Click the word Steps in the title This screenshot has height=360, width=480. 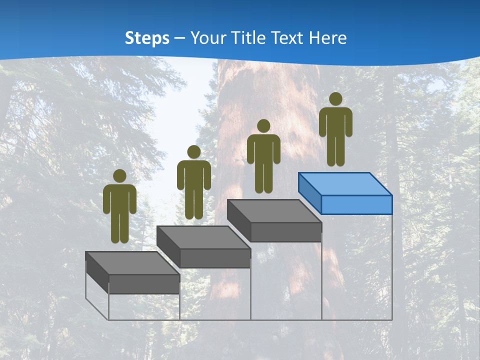point(147,38)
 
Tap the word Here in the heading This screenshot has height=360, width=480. point(328,38)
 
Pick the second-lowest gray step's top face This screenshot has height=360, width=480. point(203,237)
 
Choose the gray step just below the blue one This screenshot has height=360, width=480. point(274,211)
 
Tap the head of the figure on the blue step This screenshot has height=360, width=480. point(335,99)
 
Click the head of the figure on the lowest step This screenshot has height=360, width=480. point(119,176)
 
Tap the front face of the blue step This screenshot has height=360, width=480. point(356,204)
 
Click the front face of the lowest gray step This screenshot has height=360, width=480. point(144,284)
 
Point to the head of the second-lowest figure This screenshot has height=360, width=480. point(193,152)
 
